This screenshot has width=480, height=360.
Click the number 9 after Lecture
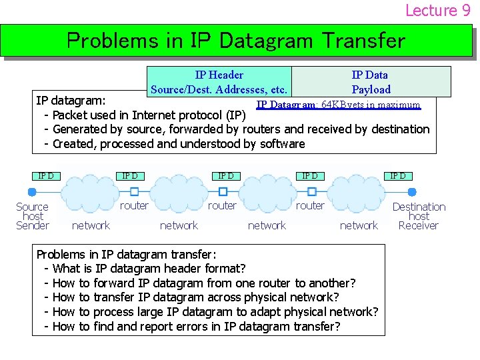coord(465,10)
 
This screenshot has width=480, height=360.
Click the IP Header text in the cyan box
coord(219,75)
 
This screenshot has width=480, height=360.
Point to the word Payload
coord(371,89)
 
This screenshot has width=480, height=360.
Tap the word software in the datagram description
coord(280,143)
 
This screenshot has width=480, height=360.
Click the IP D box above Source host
coord(45,176)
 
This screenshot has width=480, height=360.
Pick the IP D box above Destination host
coord(397,176)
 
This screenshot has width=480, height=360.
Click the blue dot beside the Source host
coord(32,192)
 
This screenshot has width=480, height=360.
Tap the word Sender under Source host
coord(32,225)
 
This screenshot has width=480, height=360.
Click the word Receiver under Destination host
coord(418,225)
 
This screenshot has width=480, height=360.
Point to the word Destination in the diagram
coord(419,207)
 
